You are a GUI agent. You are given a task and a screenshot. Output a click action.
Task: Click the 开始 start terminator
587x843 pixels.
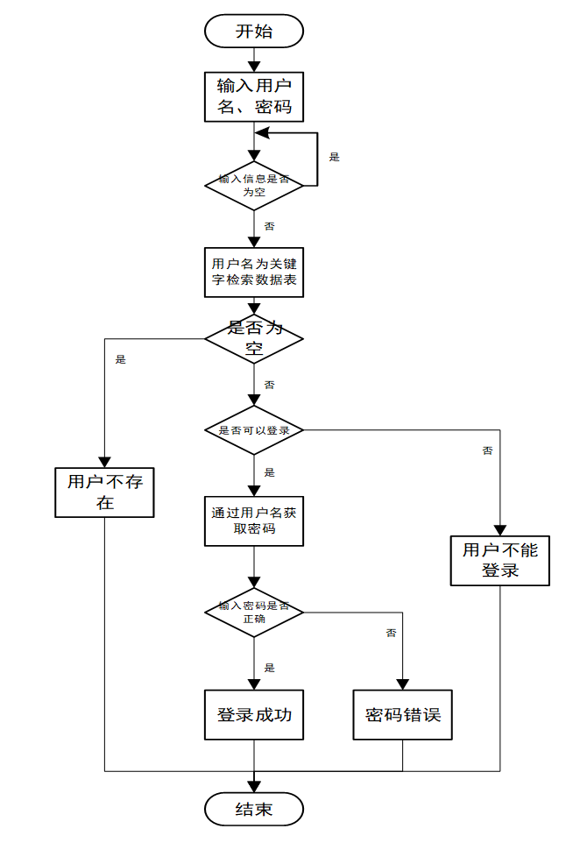[x=254, y=32]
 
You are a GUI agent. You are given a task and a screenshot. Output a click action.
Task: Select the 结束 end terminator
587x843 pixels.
[x=254, y=809]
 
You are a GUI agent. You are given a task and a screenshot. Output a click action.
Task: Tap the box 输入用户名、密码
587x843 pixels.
[x=254, y=96]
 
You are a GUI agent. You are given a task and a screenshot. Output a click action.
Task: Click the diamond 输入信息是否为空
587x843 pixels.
[x=254, y=185]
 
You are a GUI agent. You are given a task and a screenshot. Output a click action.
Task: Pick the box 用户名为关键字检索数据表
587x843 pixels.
[x=254, y=272]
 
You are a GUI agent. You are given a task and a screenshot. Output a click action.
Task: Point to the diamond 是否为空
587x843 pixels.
[x=254, y=339]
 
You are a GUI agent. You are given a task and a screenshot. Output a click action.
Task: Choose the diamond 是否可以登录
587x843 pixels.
[x=254, y=430]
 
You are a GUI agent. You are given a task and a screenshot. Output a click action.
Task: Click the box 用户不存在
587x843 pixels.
[x=105, y=492]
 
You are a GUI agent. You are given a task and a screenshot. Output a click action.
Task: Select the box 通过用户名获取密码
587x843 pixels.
[x=254, y=521]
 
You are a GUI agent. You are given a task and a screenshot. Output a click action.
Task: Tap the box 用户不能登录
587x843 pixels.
[x=500, y=561]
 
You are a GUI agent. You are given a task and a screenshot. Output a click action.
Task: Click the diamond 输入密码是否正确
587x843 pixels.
[x=254, y=612]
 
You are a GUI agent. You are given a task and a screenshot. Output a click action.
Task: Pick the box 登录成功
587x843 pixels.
[x=254, y=715]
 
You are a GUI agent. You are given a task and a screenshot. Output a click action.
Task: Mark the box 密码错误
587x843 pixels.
[x=403, y=715]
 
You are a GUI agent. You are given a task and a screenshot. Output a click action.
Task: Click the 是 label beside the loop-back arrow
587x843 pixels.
[x=334, y=158]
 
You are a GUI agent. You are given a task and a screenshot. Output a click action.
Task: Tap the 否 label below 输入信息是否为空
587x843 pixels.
[x=269, y=226]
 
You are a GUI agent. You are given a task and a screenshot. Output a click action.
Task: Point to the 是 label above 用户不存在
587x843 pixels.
[x=121, y=359]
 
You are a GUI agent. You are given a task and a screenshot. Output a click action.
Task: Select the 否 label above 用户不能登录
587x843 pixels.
[x=487, y=450]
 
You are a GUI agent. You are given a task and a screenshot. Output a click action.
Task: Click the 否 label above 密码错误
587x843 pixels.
[x=391, y=633]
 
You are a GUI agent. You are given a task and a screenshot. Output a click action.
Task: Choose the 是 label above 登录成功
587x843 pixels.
[x=269, y=668]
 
